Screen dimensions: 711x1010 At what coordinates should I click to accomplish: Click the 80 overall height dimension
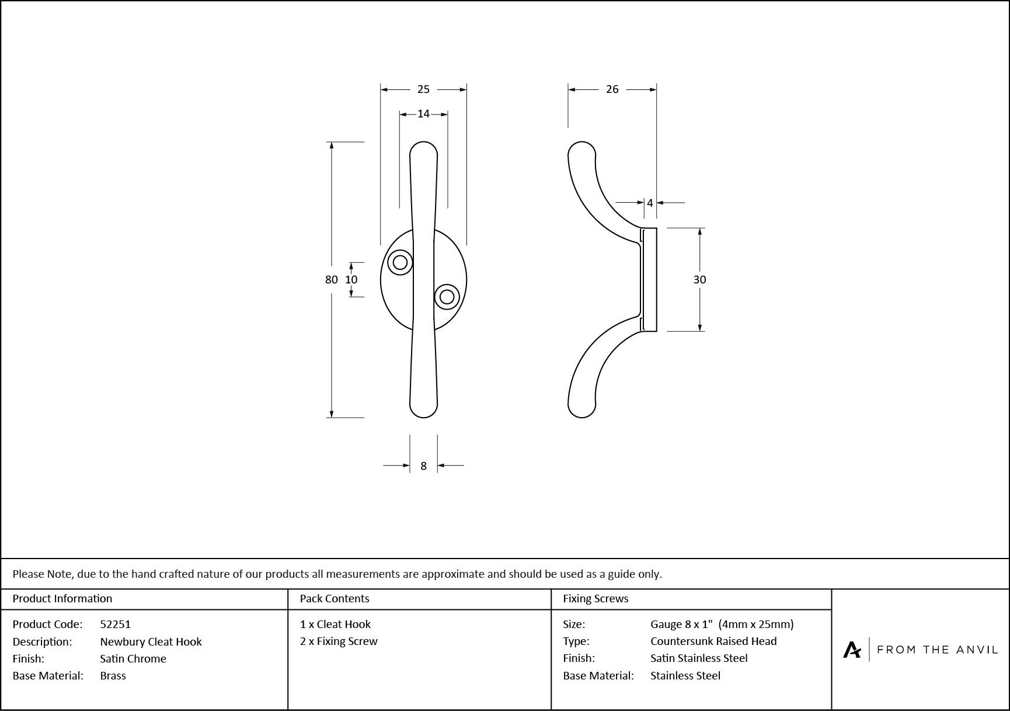pyautogui.click(x=331, y=280)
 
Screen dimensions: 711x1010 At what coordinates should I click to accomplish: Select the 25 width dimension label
pyautogui.click(x=423, y=89)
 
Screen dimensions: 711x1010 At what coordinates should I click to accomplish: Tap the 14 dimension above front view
pyautogui.click(x=423, y=114)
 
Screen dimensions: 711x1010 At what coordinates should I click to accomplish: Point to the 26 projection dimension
pyautogui.click(x=612, y=89)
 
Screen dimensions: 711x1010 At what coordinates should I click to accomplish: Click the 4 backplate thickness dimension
pyautogui.click(x=650, y=203)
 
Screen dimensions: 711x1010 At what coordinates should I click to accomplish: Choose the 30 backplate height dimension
pyautogui.click(x=699, y=280)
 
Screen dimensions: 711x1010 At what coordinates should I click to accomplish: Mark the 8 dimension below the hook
pyautogui.click(x=423, y=466)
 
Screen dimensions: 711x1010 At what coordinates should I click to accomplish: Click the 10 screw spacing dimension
pyautogui.click(x=351, y=280)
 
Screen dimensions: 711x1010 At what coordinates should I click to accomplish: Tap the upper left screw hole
pyautogui.click(x=400, y=262)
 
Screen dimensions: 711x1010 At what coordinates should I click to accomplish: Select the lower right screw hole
pyautogui.click(x=447, y=297)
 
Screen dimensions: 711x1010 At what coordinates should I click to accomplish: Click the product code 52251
pyautogui.click(x=116, y=624)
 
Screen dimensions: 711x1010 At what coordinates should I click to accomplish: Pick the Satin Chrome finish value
pyautogui.click(x=133, y=658)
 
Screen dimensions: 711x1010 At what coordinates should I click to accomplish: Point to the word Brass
pyautogui.click(x=113, y=675)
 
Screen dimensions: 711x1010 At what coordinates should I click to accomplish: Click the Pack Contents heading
pyautogui.click(x=335, y=599)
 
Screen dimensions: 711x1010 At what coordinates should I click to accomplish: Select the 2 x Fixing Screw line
pyautogui.click(x=339, y=641)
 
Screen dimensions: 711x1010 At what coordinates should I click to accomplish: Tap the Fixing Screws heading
pyautogui.click(x=595, y=599)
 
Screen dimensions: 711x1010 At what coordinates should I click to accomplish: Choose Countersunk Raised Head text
pyautogui.click(x=713, y=641)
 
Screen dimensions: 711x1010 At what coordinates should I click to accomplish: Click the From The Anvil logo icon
pyautogui.click(x=852, y=650)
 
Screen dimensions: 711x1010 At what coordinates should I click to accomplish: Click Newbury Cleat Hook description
pyautogui.click(x=151, y=641)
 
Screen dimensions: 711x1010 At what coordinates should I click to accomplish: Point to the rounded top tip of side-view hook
pyautogui.click(x=581, y=150)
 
